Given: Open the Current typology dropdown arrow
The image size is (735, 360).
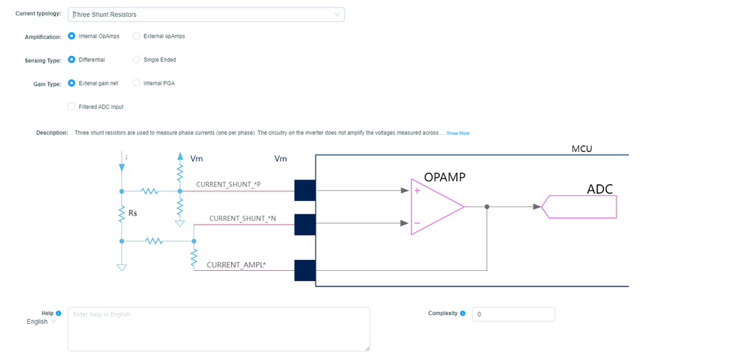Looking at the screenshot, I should coord(337,14).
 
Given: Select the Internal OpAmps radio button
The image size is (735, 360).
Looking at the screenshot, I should coord(71,36).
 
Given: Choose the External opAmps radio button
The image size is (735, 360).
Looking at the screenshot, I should coord(136,36).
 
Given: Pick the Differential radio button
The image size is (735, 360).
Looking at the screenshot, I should coord(71,60).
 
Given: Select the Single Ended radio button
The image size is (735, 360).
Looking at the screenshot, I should coord(136,60).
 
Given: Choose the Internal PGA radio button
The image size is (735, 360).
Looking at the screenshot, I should coord(136,83).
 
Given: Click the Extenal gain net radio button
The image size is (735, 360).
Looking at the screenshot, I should coord(71,83).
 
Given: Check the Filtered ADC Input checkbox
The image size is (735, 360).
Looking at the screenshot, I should coord(71,107).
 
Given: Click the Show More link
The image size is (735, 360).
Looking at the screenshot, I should coord(458,133).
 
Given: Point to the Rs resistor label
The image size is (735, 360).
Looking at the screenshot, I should coord(133,213).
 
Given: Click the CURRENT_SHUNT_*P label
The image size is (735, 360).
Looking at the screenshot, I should coord(228,184).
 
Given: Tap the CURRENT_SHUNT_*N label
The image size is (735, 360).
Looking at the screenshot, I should coord(242,219).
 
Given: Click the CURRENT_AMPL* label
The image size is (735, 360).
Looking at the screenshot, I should coord(236,264).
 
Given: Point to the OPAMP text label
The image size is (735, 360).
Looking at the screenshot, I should coord(444,177).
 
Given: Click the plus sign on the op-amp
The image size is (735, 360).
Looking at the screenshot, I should coord(417,191).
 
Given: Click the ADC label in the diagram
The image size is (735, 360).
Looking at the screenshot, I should coord(600,189).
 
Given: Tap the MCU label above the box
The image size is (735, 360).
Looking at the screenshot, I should coord(582,149).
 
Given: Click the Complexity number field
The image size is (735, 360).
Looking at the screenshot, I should coord(513,314).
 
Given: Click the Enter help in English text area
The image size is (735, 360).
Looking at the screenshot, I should coord(219,328).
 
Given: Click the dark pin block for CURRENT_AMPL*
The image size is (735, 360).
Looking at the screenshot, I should coord(305,270).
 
